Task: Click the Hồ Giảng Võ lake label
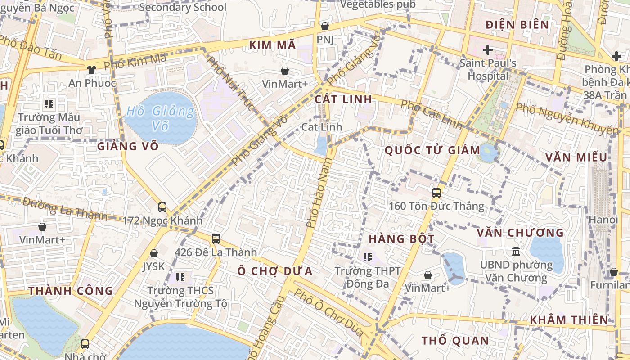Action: tap(160, 118)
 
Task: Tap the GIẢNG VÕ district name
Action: tap(128, 146)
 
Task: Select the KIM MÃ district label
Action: tap(272, 45)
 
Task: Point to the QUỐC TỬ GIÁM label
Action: tap(432, 150)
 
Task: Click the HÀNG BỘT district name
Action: tap(401, 238)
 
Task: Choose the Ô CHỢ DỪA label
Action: tap(275, 271)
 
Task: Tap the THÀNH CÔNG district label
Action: tap(71, 291)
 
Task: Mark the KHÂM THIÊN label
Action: tap(569, 320)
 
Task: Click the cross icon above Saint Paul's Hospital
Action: tap(487, 49)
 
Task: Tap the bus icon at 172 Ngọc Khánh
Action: tap(162, 207)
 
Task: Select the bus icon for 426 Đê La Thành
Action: tap(216, 239)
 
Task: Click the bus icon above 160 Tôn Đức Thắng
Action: tap(436, 193)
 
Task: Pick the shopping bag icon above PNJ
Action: tap(324, 26)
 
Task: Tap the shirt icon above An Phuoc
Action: tap(92, 69)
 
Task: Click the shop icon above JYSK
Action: tap(154, 253)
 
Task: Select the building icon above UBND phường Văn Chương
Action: tap(516, 251)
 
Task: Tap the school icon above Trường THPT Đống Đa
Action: tap(368, 257)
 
